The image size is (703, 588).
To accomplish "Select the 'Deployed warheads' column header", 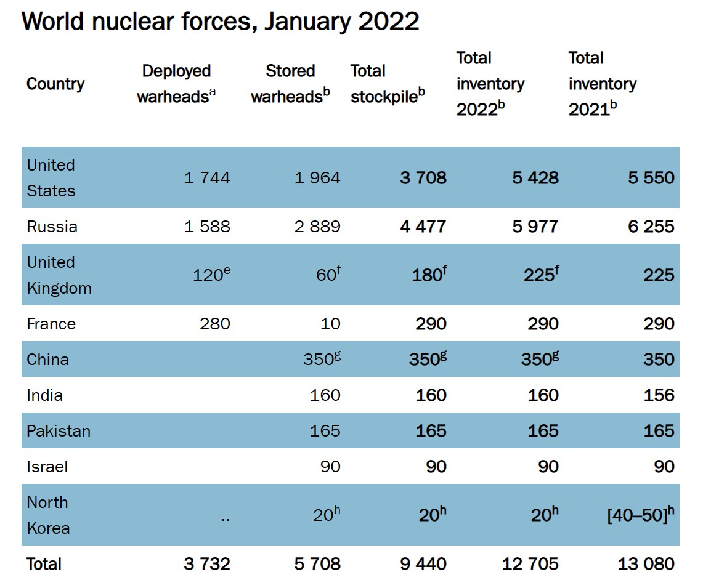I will click(176, 84).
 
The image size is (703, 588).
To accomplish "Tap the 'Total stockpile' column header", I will click(388, 84).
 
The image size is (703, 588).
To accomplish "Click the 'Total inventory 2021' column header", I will click(602, 84).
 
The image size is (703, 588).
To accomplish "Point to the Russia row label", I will click(52, 227).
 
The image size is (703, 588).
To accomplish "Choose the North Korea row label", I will click(47, 515).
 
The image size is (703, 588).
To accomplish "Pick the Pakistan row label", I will click(59, 431).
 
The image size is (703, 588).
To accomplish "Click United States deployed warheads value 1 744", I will click(207, 178).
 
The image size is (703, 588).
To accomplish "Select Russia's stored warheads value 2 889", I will click(317, 227).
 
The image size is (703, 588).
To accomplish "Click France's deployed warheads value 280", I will click(215, 324).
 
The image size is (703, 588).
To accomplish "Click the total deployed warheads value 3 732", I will click(207, 563).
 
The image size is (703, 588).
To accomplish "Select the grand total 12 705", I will click(530, 563).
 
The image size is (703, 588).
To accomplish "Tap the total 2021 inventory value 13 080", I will click(646, 563).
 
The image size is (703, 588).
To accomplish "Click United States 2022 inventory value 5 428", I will click(535, 178).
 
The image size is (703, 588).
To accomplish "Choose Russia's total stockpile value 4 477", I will click(423, 227).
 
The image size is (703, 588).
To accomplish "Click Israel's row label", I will click(47, 467).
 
